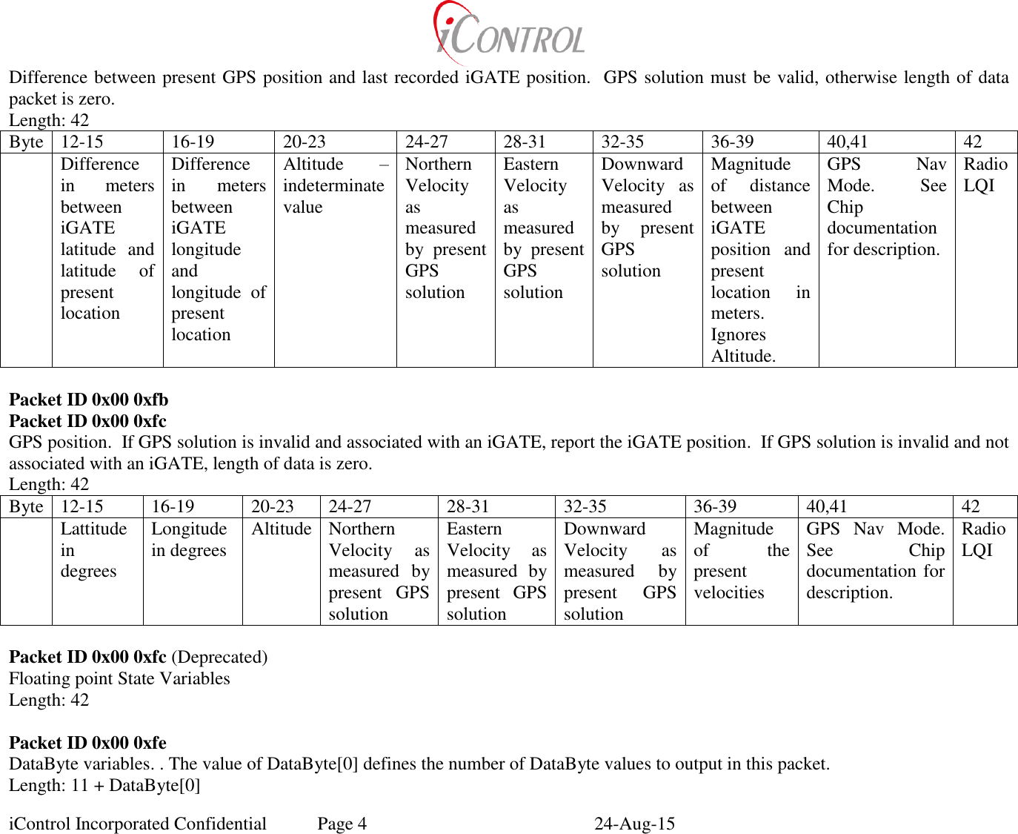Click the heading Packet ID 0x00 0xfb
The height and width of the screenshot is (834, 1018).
coord(88,400)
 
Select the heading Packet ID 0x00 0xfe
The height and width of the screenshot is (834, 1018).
coord(87,743)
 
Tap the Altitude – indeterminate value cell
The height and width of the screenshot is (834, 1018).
coord(334,185)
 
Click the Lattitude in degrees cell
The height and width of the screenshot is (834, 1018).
coord(94,550)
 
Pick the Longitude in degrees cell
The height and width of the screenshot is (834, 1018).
coord(189,540)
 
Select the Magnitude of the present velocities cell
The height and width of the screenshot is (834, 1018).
coord(740,560)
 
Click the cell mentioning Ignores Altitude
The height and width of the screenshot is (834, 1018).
coord(760,259)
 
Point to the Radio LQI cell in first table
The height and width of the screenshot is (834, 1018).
coord(985,175)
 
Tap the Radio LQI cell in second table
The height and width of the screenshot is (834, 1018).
coord(983,540)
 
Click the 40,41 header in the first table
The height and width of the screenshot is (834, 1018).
coord(847,142)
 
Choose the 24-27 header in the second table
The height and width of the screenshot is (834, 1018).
coord(350,506)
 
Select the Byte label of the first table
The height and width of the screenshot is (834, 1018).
coord(27,142)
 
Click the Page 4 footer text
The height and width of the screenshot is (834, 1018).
coord(342,824)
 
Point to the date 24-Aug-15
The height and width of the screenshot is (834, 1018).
coord(634,824)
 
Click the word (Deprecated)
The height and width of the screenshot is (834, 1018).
coord(219,657)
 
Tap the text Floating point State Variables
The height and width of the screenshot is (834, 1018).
coord(119,678)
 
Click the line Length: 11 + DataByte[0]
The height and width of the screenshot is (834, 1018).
coord(104,785)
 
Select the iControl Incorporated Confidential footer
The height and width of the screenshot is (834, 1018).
coord(138,824)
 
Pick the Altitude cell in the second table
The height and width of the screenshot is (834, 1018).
coord(281,529)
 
